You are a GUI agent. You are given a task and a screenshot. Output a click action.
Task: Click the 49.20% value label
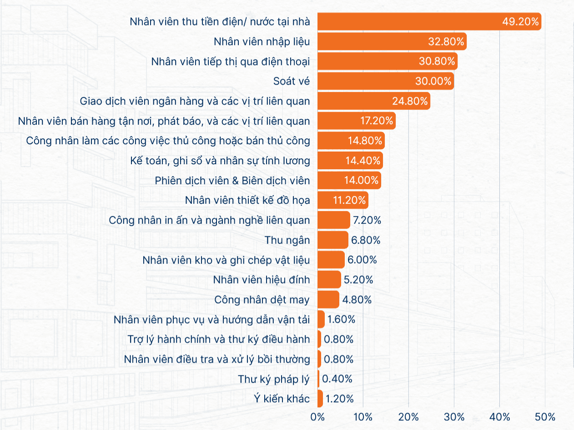point(520,21)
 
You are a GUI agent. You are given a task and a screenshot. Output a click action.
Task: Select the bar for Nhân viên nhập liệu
point(392,41)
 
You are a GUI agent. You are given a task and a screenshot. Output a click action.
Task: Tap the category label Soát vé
point(291,81)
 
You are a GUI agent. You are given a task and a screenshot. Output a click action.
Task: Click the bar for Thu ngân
point(333,240)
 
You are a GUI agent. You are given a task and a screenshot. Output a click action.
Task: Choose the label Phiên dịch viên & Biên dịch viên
point(232,181)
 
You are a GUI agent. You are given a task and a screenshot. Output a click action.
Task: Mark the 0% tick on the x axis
point(317,417)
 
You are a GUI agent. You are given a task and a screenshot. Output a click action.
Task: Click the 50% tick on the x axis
point(545,417)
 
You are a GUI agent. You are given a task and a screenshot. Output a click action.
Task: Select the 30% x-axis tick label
point(454,417)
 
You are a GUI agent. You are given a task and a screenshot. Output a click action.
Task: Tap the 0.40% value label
point(337,379)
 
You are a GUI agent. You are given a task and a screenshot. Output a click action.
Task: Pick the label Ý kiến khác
point(282,399)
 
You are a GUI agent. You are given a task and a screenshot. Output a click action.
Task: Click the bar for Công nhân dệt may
point(328,299)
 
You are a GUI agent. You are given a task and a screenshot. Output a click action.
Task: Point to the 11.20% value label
point(349,200)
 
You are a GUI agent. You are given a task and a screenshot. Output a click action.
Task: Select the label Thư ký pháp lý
point(274,379)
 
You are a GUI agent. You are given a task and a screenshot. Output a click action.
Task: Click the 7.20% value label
point(367,220)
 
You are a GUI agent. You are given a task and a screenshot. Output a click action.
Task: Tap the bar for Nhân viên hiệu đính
point(329,279)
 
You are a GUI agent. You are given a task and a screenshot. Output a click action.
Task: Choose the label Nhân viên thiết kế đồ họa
point(247,200)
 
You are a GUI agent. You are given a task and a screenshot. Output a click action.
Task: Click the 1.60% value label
point(341,319)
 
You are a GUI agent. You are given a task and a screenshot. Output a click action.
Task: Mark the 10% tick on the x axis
point(363,417)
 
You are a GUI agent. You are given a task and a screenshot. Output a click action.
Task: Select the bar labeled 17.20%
point(357,121)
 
